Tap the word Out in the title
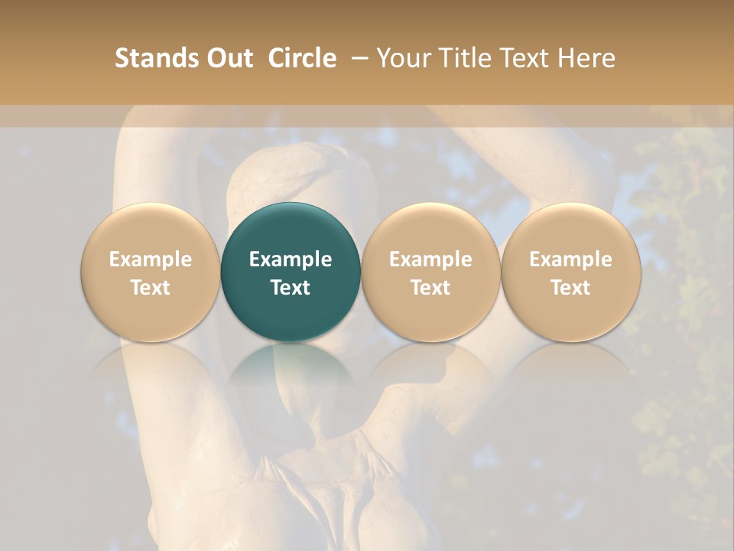(x=227, y=58)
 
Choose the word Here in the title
(x=589, y=58)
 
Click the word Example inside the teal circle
(x=291, y=259)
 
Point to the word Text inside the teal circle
(x=291, y=288)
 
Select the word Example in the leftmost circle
(x=150, y=259)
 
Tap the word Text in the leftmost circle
(x=150, y=288)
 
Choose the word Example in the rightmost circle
(x=570, y=259)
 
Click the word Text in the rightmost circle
(x=570, y=288)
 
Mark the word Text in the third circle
(x=430, y=288)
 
